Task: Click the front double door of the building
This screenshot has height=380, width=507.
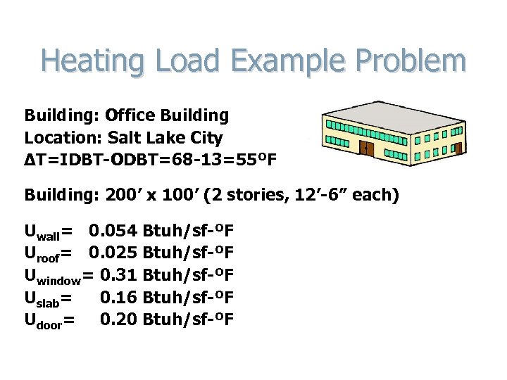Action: tap(365, 148)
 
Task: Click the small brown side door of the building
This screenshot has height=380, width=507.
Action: tap(458, 148)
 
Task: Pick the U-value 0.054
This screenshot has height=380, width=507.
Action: tap(113, 231)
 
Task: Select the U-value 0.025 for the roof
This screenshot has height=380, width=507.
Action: tap(113, 253)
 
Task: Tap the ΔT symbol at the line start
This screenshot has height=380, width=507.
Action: tap(33, 160)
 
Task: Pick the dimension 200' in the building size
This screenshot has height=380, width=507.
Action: tap(126, 195)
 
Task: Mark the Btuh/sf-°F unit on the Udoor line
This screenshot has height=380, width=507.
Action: tap(188, 320)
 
